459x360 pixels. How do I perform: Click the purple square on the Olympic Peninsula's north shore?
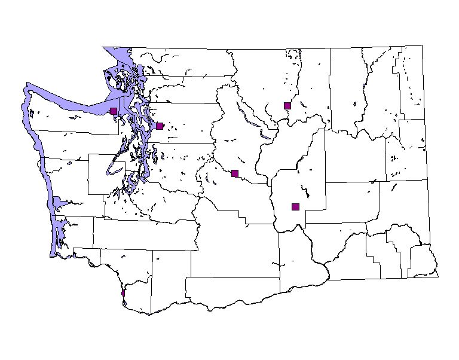(114, 111)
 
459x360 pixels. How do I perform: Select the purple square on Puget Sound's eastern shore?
(160, 126)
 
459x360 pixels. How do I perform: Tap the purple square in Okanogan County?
(287, 105)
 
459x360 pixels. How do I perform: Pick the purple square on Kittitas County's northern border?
(235, 173)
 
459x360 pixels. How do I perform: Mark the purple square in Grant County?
(295, 207)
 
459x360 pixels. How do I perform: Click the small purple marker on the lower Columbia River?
(123, 293)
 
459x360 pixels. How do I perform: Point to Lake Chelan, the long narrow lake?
(249, 117)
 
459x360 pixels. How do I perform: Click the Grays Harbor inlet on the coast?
(57, 202)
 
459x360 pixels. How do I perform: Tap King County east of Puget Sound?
(179, 161)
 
